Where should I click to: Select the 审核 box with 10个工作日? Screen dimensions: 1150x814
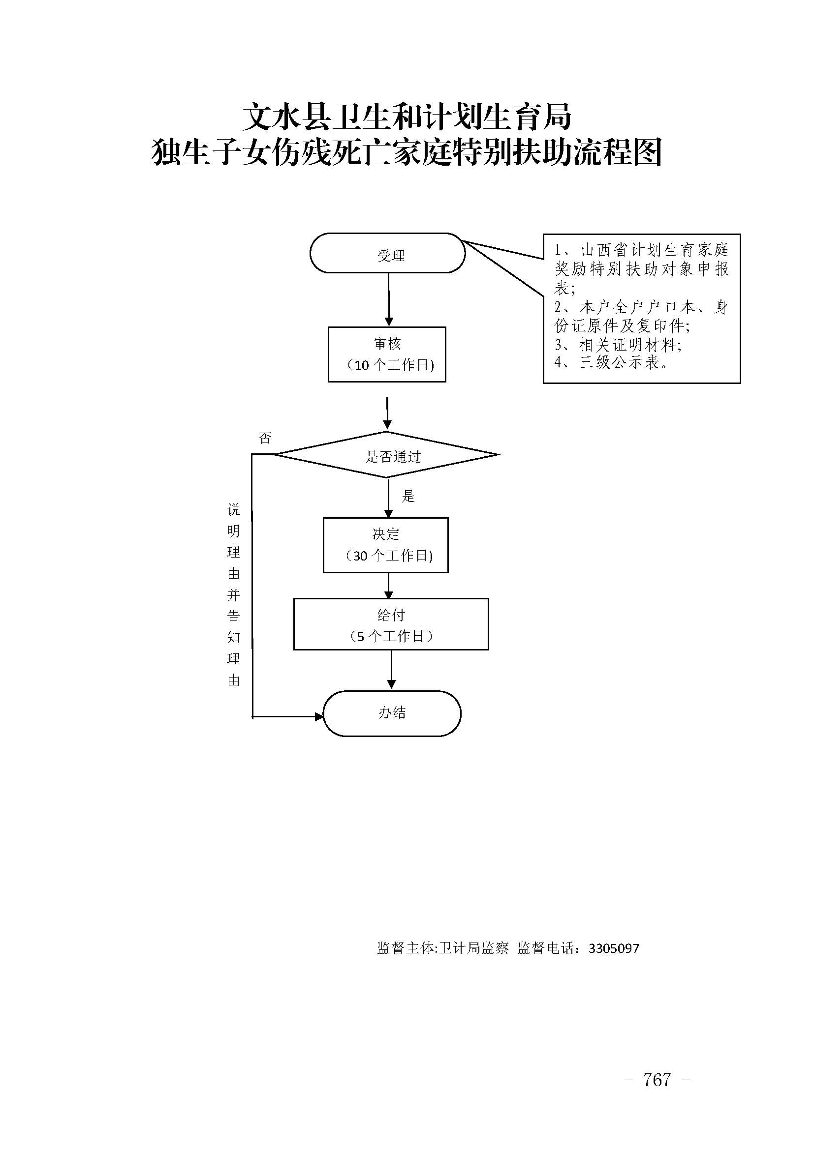[x=387, y=354]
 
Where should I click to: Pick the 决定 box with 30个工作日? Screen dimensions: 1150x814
[x=385, y=545]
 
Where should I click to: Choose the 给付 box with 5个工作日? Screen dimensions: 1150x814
[x=391, y=624]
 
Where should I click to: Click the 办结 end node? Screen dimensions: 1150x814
[x=392, y=713]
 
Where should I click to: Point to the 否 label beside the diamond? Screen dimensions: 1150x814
[x=265, y=438]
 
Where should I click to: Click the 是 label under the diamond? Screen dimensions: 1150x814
[x=408, y=497]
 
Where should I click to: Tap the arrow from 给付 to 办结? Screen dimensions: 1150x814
[x=391, y=669]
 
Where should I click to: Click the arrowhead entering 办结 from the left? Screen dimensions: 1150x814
[x=319, y=717]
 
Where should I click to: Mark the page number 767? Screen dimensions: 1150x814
[x=657, y=1079]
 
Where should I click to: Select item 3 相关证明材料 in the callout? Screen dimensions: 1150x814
[x=618, y=345]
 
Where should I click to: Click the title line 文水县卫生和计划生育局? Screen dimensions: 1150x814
[x=407, y=117]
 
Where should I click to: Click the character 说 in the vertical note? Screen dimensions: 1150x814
[x=234, y=510]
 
